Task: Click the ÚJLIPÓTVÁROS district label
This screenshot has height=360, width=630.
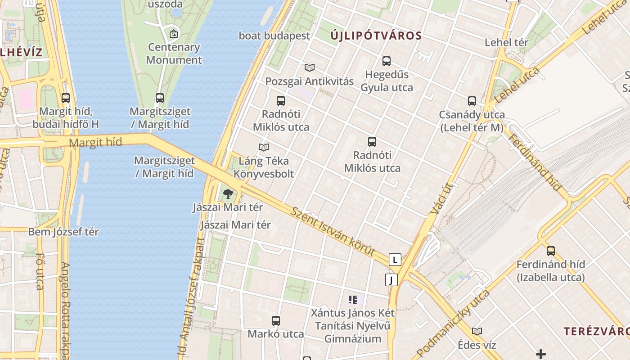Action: (376, 36)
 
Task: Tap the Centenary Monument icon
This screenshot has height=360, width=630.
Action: (174, 34)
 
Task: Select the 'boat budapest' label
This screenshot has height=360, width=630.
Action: (274, 36)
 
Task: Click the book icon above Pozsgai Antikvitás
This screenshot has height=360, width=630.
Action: (309, 68)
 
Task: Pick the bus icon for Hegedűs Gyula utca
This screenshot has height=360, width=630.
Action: (386, 61)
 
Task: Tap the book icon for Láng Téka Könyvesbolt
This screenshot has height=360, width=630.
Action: (264, 147)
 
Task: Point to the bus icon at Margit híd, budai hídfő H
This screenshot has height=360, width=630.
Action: (66, 98)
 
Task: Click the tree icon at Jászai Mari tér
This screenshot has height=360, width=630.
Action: (228, 194)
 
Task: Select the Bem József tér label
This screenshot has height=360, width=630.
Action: (63, 232)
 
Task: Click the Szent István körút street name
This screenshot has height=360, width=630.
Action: (333, 232)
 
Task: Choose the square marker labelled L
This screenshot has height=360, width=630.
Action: (395, 260)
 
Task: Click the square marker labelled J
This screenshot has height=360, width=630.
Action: (391, 280)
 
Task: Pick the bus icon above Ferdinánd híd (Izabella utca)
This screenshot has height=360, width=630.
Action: (551, 251)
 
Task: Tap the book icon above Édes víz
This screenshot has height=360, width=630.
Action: (477, 332)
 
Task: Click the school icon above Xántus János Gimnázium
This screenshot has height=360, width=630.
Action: (352, 299)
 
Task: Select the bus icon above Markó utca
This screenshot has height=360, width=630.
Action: (276, 321)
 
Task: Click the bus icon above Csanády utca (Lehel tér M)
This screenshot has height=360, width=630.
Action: (472, 101)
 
